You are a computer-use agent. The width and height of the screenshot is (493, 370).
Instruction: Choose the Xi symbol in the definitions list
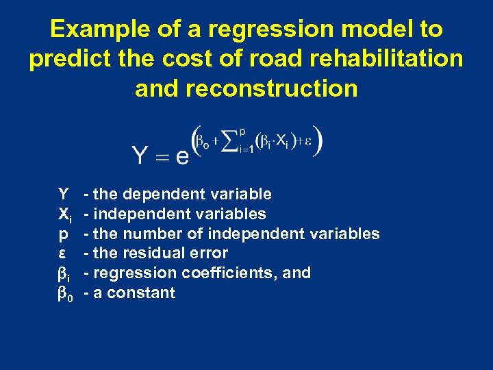point(64,214)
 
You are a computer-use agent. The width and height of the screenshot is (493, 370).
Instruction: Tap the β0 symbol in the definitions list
point(64,294)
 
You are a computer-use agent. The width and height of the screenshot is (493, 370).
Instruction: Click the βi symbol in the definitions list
point(64,273)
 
